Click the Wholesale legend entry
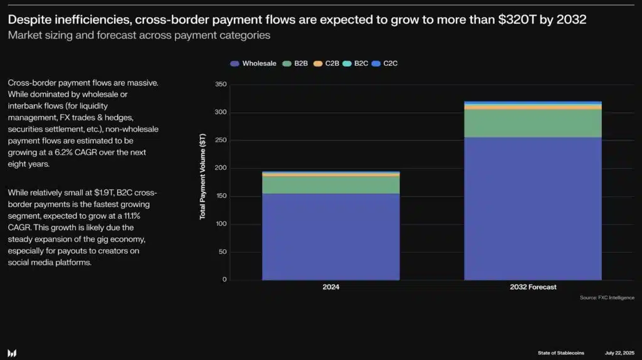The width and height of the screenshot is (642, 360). [254, 63]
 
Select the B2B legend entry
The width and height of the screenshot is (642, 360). [295, 63]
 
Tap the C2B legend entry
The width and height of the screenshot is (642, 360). [327, 63]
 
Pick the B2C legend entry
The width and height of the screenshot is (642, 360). [356, 63]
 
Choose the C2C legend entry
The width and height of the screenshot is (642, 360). [385, 63]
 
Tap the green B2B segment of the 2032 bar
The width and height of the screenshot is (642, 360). [532, 123]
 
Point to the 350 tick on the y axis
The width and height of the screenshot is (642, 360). [220, 85]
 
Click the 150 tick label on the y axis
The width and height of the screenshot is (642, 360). [220, 196]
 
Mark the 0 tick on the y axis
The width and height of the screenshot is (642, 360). [224, 280]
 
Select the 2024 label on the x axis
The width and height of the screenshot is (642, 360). [330, 287]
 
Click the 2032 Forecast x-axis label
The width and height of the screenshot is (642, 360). [532, 287]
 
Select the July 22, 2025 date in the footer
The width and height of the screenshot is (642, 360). [620, 353]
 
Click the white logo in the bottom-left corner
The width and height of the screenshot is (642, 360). [13, 353]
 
